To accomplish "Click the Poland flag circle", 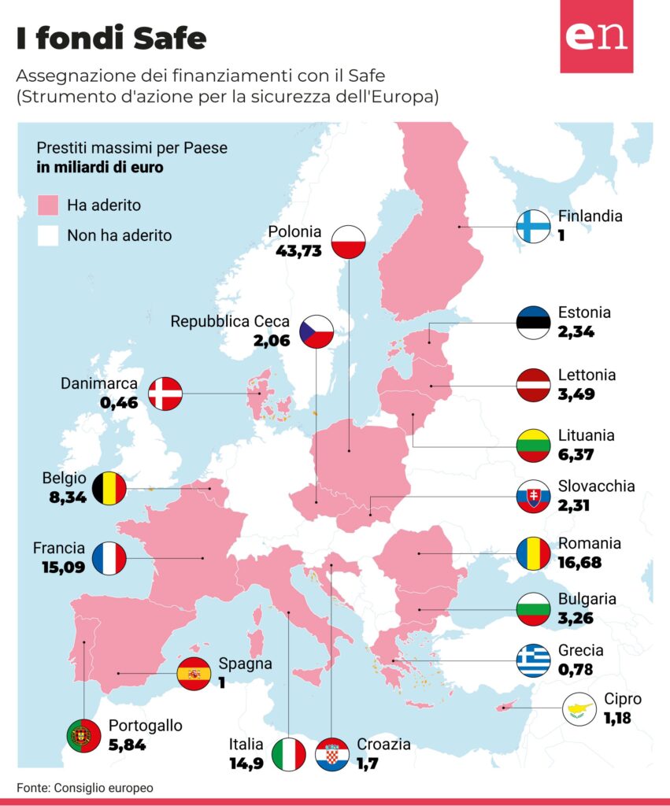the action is (x=348, y=242).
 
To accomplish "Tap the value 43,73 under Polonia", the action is (x=298, y=251).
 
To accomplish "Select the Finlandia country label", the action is (x=590, y=216).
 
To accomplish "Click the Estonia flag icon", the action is (x=533, y=323).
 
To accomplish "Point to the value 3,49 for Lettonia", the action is (x=576, y=394).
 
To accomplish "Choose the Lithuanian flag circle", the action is (x=533, y=446).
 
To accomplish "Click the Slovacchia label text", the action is (x=597, y=486).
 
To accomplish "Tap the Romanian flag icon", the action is (x=533, y=553).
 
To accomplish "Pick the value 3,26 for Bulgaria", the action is (x=576, y=618).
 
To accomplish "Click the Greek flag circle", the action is (x=533, y=660).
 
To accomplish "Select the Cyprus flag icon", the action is (x=579, y=709).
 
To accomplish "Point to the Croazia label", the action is (x=383, y=744).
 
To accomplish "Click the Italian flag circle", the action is (x=288, y=754).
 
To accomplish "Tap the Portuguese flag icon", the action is (x=83, y=736).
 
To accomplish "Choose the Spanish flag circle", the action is (x=194, y=674).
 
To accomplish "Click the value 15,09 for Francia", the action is (x=63, y=568).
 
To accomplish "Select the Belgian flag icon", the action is (x=109, y=488).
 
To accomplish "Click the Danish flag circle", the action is (x=165, y=394).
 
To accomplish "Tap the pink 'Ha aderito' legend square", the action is (x=48, y=205).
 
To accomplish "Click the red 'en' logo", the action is (x=597, y=36).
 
